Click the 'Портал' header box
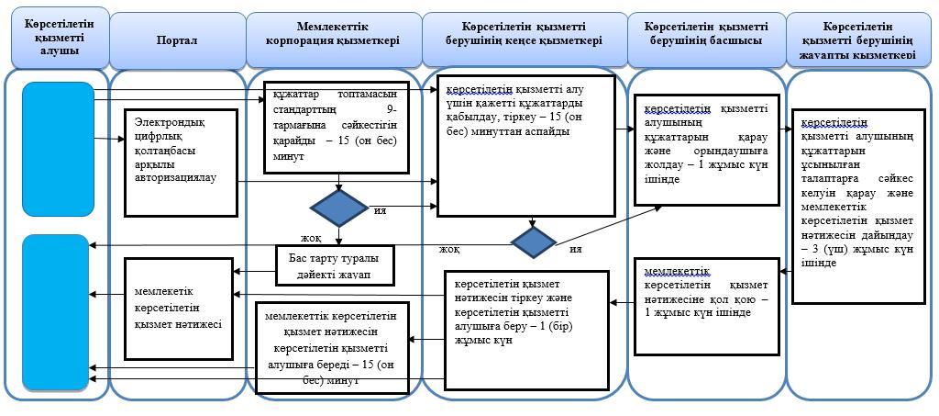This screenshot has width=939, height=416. tap(177, 41)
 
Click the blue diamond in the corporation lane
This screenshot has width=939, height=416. tap(339, 208)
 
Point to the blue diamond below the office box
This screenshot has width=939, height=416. tap(534, 242)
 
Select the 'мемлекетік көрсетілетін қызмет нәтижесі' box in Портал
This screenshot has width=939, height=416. tap(179, 308)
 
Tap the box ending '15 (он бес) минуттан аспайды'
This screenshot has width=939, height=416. tap(525, 144)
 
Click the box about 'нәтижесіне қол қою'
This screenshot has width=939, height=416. tap(706, 304)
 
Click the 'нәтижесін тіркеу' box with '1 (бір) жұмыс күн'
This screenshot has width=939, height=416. tap(526, 328)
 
